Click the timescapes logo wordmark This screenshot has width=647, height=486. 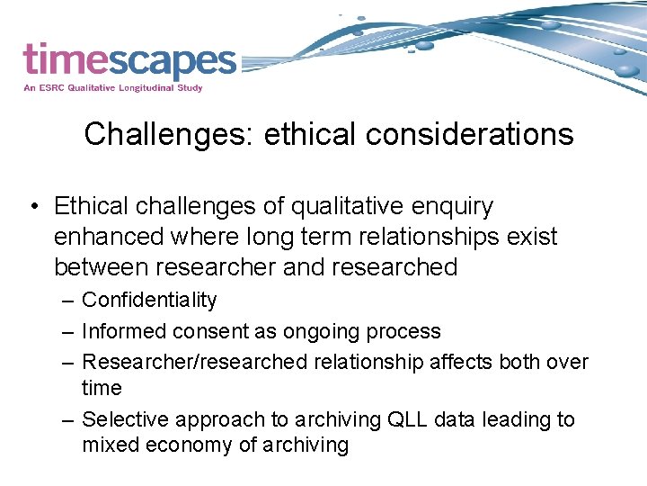[129, 61]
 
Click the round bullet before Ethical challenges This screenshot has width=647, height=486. [32, 207]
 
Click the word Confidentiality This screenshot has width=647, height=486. [149, 301]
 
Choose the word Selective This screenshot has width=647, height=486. [125, 419]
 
